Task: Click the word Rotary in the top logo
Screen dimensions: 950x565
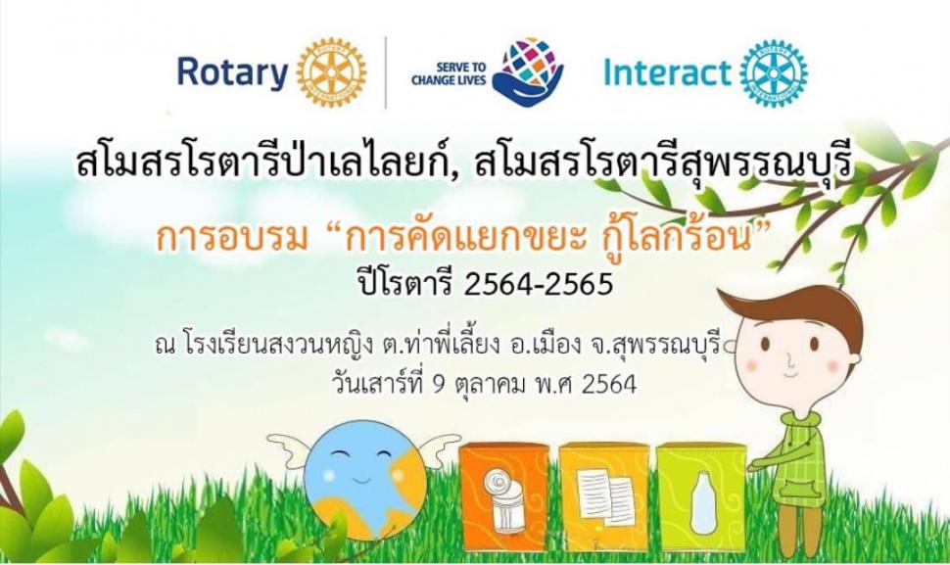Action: pyautogui.click(x=232, y=72)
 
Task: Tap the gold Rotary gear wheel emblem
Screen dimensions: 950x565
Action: pyautogui.click(x=332, y=72)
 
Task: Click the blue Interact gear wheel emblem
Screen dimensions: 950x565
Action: pyautogui.click(x=773, y=72)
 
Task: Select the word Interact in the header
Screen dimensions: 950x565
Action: pyautogui.click(x=667, y=73)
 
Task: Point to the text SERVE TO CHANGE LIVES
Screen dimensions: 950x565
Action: pyautogui.click(x=449, y=73)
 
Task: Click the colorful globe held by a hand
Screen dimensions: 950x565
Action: pyautogui.click(x=527, y=71)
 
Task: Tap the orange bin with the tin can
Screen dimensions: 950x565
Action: pyautogui.click(x=503, y=497)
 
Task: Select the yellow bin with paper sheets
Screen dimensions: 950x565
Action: pyautogui.click(x=603, y=497)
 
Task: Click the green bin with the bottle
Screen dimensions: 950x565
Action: pyautogui.click(x=701, y=497)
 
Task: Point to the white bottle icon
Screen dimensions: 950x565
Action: pyautogui.click(x=703, y=503)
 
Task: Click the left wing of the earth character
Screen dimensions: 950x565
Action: pyautogui.click(x=291, y=449)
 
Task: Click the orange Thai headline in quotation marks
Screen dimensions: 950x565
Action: pyautogui.click(x=459, y=239)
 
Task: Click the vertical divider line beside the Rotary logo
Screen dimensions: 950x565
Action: pyautogui.click(x=386, y=72)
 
